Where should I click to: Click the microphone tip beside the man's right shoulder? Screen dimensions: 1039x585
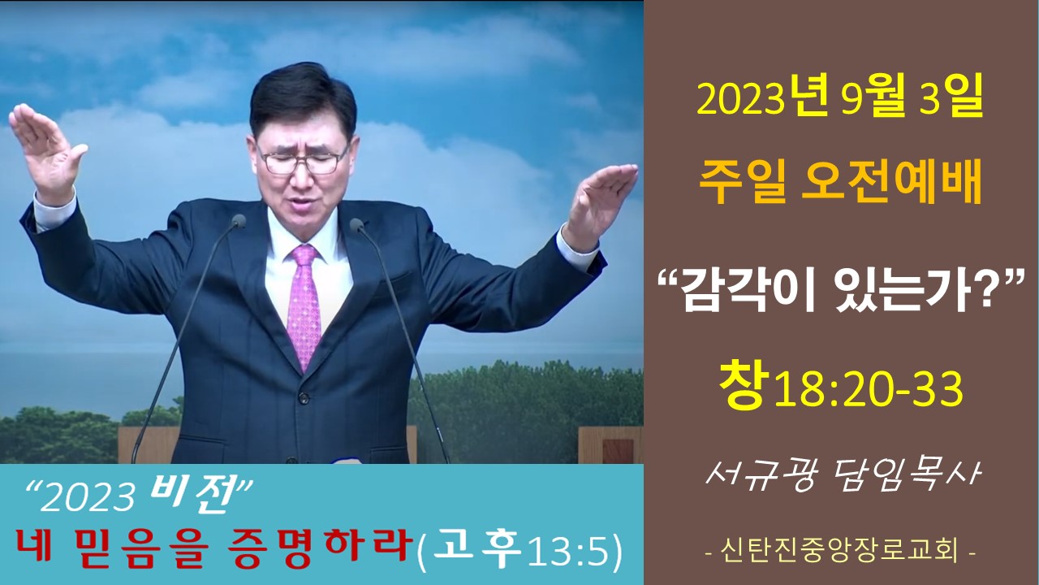coord(239,221)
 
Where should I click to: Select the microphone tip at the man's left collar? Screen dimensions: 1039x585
coord(356,226)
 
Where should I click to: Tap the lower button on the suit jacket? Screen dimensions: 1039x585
coord(304,398)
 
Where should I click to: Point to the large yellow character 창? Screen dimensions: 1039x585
coord(741,385)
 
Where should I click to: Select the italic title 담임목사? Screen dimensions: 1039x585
coord(903,475)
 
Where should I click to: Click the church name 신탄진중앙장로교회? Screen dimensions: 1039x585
coord(839,550)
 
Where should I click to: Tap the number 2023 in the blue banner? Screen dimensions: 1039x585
coord(88,498)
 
